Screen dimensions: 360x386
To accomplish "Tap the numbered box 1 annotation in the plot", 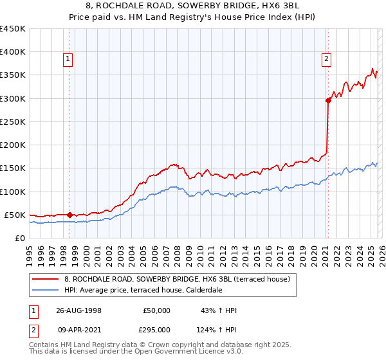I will [68, 60].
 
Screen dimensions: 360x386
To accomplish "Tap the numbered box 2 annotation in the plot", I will [327, 60].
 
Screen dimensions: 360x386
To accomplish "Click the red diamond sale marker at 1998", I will [69, 215].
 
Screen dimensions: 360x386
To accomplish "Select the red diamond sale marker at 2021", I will [328, 100].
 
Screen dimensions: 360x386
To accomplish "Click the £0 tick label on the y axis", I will [21, 238].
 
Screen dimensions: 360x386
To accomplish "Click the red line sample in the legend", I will [46, 279].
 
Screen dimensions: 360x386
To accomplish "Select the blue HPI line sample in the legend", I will [46, 290].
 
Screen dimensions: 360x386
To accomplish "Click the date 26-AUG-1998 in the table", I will [78, 310].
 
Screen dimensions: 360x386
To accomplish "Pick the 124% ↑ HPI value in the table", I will [217, 329].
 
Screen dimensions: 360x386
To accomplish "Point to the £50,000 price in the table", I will [156, 310].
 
